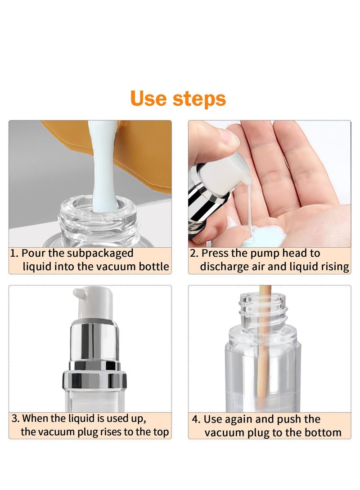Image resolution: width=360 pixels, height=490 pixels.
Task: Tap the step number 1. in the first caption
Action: (15, 253)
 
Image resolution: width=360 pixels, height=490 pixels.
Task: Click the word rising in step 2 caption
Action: (333, 267)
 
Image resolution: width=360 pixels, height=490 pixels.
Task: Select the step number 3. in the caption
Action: (16, 419)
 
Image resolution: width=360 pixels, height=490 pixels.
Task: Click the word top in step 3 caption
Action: (160, 432)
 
